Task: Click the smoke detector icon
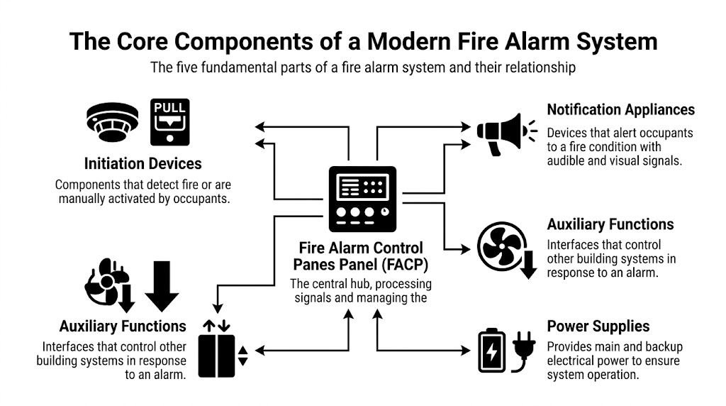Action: pos(113,123)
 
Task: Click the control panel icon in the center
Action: pos(362,199)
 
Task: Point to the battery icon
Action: pos(491,350)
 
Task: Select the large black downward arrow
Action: pos(162,286)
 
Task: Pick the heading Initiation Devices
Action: pos(143,164)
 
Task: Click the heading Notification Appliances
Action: pos(620,110)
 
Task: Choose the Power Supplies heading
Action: pos(598,327)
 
